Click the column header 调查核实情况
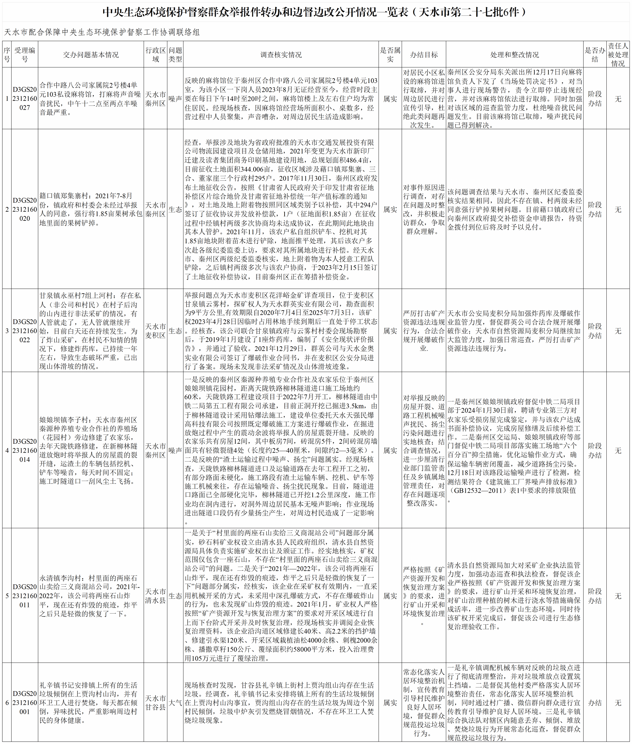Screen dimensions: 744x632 click(281, 55)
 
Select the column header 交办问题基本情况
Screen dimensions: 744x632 click(91, 55)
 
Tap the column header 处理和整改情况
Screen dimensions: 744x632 click(514, 55)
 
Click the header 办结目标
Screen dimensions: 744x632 click(423, 55)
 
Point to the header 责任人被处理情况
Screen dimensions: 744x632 click(618, 55)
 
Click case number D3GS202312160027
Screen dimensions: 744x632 click(25, 98)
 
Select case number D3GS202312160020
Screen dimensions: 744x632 click(25, 209)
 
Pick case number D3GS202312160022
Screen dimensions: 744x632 click(25, 331)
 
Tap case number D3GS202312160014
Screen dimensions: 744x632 click(25, 450)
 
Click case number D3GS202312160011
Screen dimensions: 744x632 click(25, 596)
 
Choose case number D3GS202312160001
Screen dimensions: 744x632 click(25, 702)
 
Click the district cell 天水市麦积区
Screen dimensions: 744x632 click(155, 331)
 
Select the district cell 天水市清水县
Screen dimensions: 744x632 click(155, 596)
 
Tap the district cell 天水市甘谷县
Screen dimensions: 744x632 click(155, 702)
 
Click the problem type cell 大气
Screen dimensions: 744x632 click(175, 702)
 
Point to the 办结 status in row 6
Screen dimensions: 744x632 click(595, 702)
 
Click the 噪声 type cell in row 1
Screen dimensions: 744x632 click(175, 99)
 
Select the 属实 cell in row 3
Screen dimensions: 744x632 click(390, 331)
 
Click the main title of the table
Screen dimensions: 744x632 click(316, 12)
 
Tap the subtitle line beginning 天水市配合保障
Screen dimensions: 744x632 click(102, 32)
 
